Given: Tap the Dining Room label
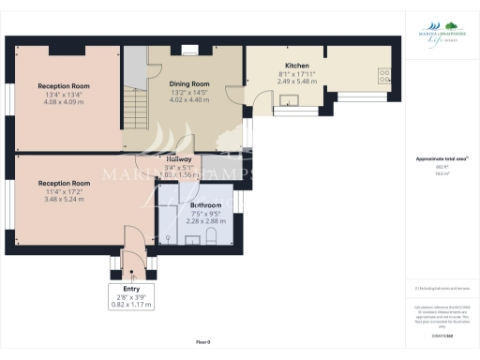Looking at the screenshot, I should click(x=188, y=83).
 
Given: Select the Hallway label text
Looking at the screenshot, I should click(x=179, y=159).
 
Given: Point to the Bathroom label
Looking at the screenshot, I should click(x=205, y=203).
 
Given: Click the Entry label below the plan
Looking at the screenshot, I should click(x=130, y=289).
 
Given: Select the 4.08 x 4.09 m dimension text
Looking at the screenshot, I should click(x=64, y=101).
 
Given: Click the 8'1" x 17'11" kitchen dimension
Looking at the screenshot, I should click(x=296, y=74).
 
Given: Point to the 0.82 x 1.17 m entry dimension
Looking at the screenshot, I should click(x=130, y=305).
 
